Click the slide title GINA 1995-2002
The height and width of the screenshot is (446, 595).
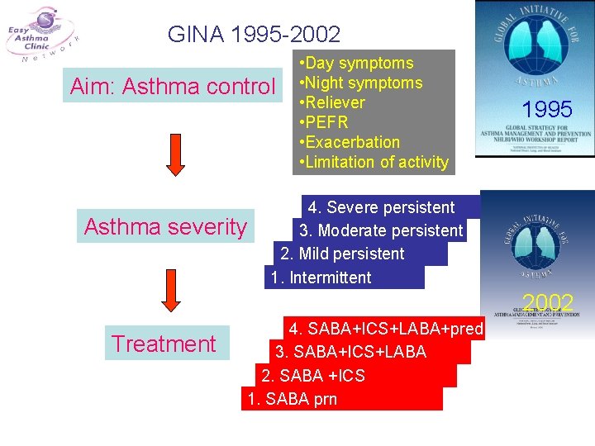tap(254, 34)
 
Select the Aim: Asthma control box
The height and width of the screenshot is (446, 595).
tap(173, 85)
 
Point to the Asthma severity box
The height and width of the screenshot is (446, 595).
tap(165, 226)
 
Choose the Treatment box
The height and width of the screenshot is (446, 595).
tap(164, 344)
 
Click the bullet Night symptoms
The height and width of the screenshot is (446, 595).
tap(362, 83)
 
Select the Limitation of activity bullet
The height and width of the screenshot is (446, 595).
tap(376, 162)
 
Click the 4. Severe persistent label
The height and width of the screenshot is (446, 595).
tap(381, 207)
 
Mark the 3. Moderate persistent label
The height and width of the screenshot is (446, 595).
tap(381, 230)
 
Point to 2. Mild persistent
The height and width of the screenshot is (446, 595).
tap(342, 254)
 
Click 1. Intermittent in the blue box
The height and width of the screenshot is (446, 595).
tap(321, 278)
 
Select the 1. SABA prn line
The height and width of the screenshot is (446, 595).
tap(292, 400)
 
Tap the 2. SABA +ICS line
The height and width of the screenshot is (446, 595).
tap(312, 376)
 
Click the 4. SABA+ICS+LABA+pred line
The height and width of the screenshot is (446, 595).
tap(385, 329)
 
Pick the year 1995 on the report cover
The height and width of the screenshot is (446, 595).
tap(547, 109)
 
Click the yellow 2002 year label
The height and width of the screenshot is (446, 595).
tap(548, 302)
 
